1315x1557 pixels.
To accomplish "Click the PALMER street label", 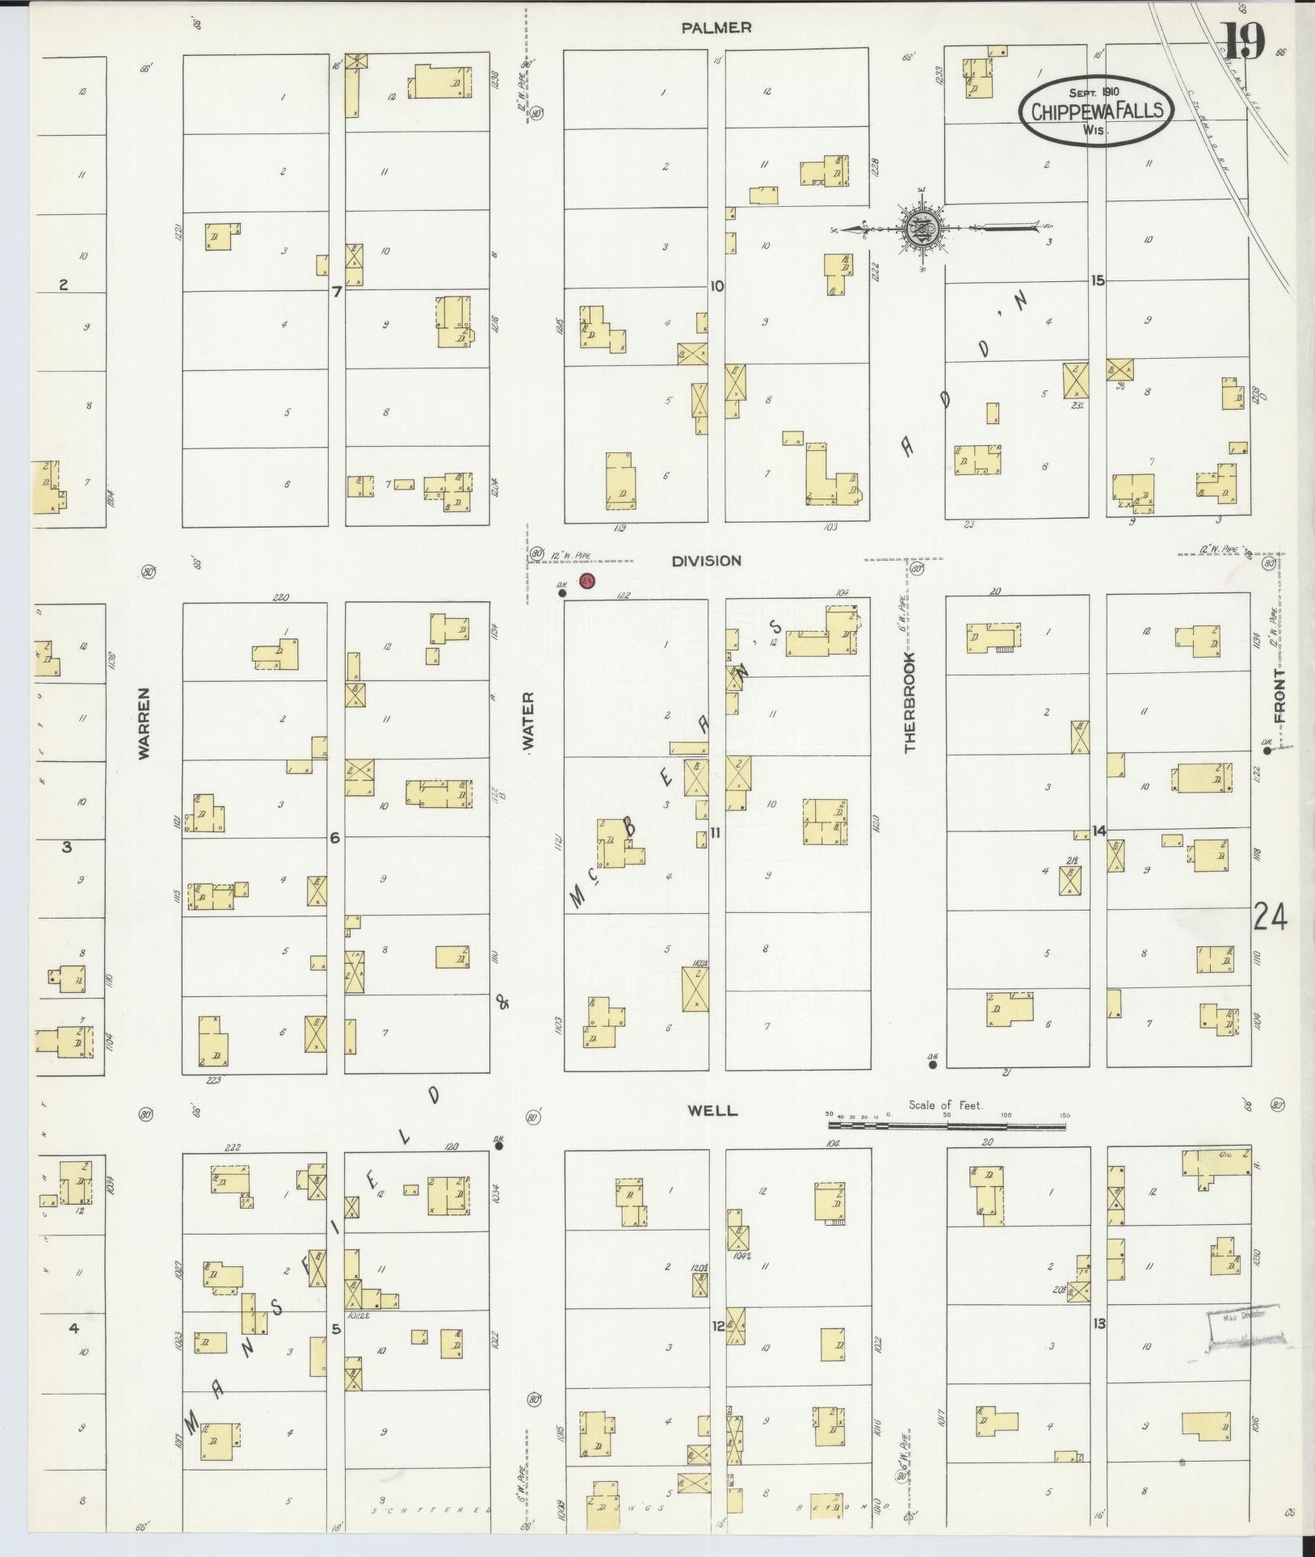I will coord(716,27).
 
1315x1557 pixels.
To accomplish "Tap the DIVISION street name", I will coord(706,560).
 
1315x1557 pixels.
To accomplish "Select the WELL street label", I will coord(712,1110).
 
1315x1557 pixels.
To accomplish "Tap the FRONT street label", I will coord(1279,695).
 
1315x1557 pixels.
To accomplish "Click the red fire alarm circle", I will coord(587,579).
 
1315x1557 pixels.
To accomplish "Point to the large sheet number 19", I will coord(1243,40).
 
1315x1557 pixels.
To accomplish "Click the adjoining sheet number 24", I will coord(1270,917).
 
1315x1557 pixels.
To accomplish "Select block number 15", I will coord(1096,280).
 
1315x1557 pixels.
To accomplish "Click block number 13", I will coord(1099,1323).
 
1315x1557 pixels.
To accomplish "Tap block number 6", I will coord(334,839).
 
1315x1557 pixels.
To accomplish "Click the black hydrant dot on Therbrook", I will coord(932,1064).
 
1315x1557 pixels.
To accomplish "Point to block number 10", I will coord(716,285).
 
